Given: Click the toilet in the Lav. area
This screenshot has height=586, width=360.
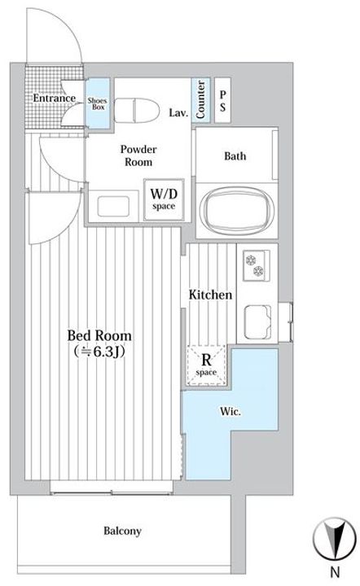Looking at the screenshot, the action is coord(136,110).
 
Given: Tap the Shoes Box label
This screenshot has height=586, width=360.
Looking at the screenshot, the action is coord(98,103).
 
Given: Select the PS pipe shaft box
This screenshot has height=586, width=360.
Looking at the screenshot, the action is coord(222,101).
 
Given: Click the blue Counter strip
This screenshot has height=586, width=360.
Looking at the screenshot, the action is coord(200,100).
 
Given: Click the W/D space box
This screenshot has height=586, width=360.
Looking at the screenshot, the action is coord(164,199).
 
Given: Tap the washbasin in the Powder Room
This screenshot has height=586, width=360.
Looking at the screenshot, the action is coord(113,206).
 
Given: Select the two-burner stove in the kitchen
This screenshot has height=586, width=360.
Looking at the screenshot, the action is coord(257,265).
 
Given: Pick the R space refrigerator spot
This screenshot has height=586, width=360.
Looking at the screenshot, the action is coord(206,365).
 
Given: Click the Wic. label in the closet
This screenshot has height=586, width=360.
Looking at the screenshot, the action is coord(230,412).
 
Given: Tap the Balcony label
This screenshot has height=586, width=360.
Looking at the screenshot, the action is coord(123,531).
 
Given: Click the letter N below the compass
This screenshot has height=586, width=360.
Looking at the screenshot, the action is coord(335,572).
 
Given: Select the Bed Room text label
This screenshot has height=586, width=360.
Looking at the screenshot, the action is coord(99,335).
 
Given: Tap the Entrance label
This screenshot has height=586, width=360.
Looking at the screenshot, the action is coord(55,98).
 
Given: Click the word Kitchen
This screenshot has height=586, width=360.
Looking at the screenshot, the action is coord(210,295).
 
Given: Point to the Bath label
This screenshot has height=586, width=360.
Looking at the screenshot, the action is coord(235,155).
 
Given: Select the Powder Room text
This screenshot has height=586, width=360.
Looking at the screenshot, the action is coord(138,155).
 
